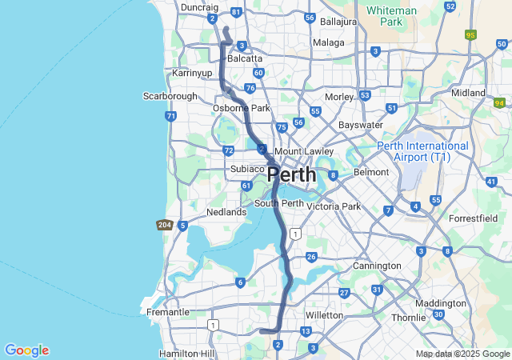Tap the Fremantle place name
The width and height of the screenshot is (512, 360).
[x=168, y=312]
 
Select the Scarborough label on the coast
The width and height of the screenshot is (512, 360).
[x=170, y=96]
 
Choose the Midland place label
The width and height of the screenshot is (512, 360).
[x=468, y=93]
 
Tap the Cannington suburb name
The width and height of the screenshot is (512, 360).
[x=377, y=266]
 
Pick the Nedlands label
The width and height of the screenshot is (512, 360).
[x=226, y=212]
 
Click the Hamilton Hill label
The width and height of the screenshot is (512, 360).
[x=186, y=353]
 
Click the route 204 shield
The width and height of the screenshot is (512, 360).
[x=165, y=226]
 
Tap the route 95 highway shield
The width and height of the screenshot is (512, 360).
[x=470, y=35]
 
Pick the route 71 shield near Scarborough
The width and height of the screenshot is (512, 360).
[x=171, y=116]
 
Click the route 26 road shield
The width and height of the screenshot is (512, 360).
[x=311, y=257]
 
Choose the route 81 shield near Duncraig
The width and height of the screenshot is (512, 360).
[x=235, y=13]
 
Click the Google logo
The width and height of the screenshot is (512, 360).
[x=26, y=350]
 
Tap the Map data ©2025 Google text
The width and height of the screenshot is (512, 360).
[x=462, y=354]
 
